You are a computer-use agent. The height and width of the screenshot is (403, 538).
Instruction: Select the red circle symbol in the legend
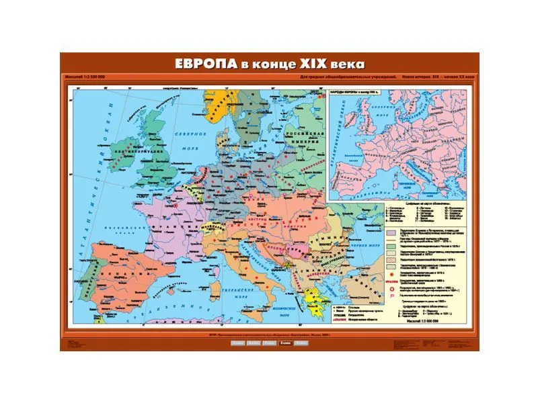click(390, 294)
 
